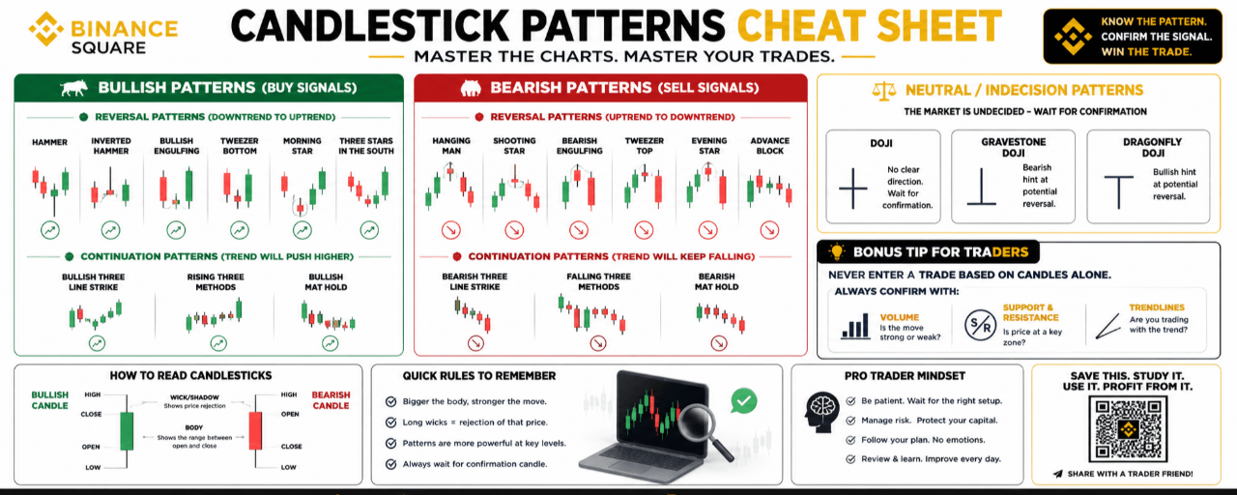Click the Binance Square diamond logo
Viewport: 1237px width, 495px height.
(x=46, y=29)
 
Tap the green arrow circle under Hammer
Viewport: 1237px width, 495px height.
(x=50, y=230)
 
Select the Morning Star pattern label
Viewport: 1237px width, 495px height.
(x=302, y=146)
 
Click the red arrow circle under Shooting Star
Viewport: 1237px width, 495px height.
(x=514, y=230)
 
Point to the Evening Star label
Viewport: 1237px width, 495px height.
(x=709, y=146)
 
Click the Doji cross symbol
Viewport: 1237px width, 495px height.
(x=853, y=189)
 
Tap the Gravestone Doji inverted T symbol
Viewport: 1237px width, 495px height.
(x=981, y=188)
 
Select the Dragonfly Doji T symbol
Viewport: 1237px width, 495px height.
(x=1118, y=191)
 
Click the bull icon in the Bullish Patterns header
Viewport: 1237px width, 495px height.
(x=74, y=88)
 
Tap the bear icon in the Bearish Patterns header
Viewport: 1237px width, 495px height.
(x=471, y=88)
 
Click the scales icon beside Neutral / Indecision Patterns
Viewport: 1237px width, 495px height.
(x=884, y=91)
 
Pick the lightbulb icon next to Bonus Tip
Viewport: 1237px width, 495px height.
(x=837, y=252)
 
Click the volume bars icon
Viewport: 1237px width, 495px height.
(x=855, y=326)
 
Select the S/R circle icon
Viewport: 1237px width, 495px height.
(x=980, y=325)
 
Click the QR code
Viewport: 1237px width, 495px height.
(x=1128, y=428)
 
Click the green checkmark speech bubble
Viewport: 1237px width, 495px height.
(x=743, y=401)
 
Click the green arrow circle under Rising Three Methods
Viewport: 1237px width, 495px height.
(x=218, y=343)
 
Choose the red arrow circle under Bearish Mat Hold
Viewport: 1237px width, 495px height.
(x=718, y=343)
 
